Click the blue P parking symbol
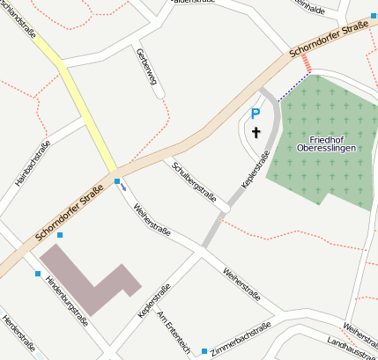[256, 114]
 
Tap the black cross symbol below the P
[256, 133]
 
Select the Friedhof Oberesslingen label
[325, 143]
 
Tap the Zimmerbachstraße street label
[241, 339]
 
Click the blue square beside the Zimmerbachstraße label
[204, 350]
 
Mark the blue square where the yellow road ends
[117, 181]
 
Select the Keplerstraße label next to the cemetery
[254, 173]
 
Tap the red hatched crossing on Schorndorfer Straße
[306, 62]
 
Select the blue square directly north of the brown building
[60, 235]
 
